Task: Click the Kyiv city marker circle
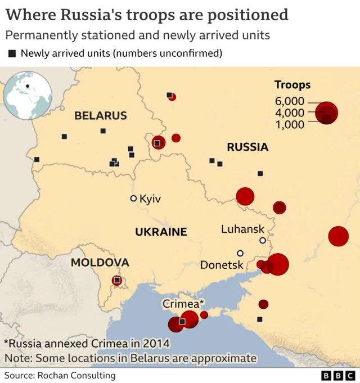point(133,199)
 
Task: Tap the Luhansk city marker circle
point(262,241)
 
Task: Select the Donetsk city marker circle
point(240,253)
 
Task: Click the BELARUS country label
point(101,116)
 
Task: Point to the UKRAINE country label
point(160,232)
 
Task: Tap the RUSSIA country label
point(247,147)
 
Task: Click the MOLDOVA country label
point(100,263)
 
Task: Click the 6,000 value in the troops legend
point(290,101)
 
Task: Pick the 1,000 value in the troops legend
point(290,124)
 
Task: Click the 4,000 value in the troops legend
point(290,113)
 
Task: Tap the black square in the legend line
point(12,54)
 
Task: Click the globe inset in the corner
point(28,93)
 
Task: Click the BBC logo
point(338,375)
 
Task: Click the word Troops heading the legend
point(292,85)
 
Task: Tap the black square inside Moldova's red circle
point(117,280)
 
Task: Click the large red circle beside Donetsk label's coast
point(278,264)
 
